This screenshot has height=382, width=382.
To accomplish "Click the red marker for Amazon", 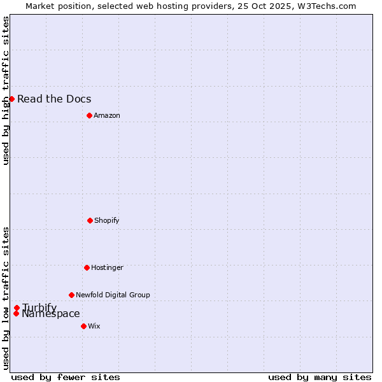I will point(89,115).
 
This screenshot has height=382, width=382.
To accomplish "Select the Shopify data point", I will point(90,220).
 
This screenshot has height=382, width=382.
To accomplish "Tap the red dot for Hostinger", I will point(87,267).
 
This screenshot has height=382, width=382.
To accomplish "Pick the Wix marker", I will point(83,326).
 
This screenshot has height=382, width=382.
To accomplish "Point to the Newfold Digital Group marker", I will point(71,295).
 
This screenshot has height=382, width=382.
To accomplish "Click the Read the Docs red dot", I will point(11,99).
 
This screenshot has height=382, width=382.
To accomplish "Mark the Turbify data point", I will point(17,308).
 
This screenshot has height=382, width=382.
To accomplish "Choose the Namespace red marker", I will point(16,313).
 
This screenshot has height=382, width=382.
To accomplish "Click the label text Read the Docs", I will point(54,99).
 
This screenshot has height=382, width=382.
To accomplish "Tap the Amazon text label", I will point(107,115).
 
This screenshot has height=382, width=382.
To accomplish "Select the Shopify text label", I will point(107,220).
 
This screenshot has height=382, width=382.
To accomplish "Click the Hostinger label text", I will point(107,267).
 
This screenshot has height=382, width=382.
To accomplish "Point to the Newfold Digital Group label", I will point(113,295).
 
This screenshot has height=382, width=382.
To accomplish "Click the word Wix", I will point(94,326).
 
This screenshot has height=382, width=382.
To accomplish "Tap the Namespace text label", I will point(51,314).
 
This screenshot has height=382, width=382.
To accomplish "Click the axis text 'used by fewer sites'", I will point(66,377).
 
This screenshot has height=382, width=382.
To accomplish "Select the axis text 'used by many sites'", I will point(320,377).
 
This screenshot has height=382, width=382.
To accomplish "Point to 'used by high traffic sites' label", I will point(6,90).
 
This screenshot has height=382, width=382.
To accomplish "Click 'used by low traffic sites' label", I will point(6,298).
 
